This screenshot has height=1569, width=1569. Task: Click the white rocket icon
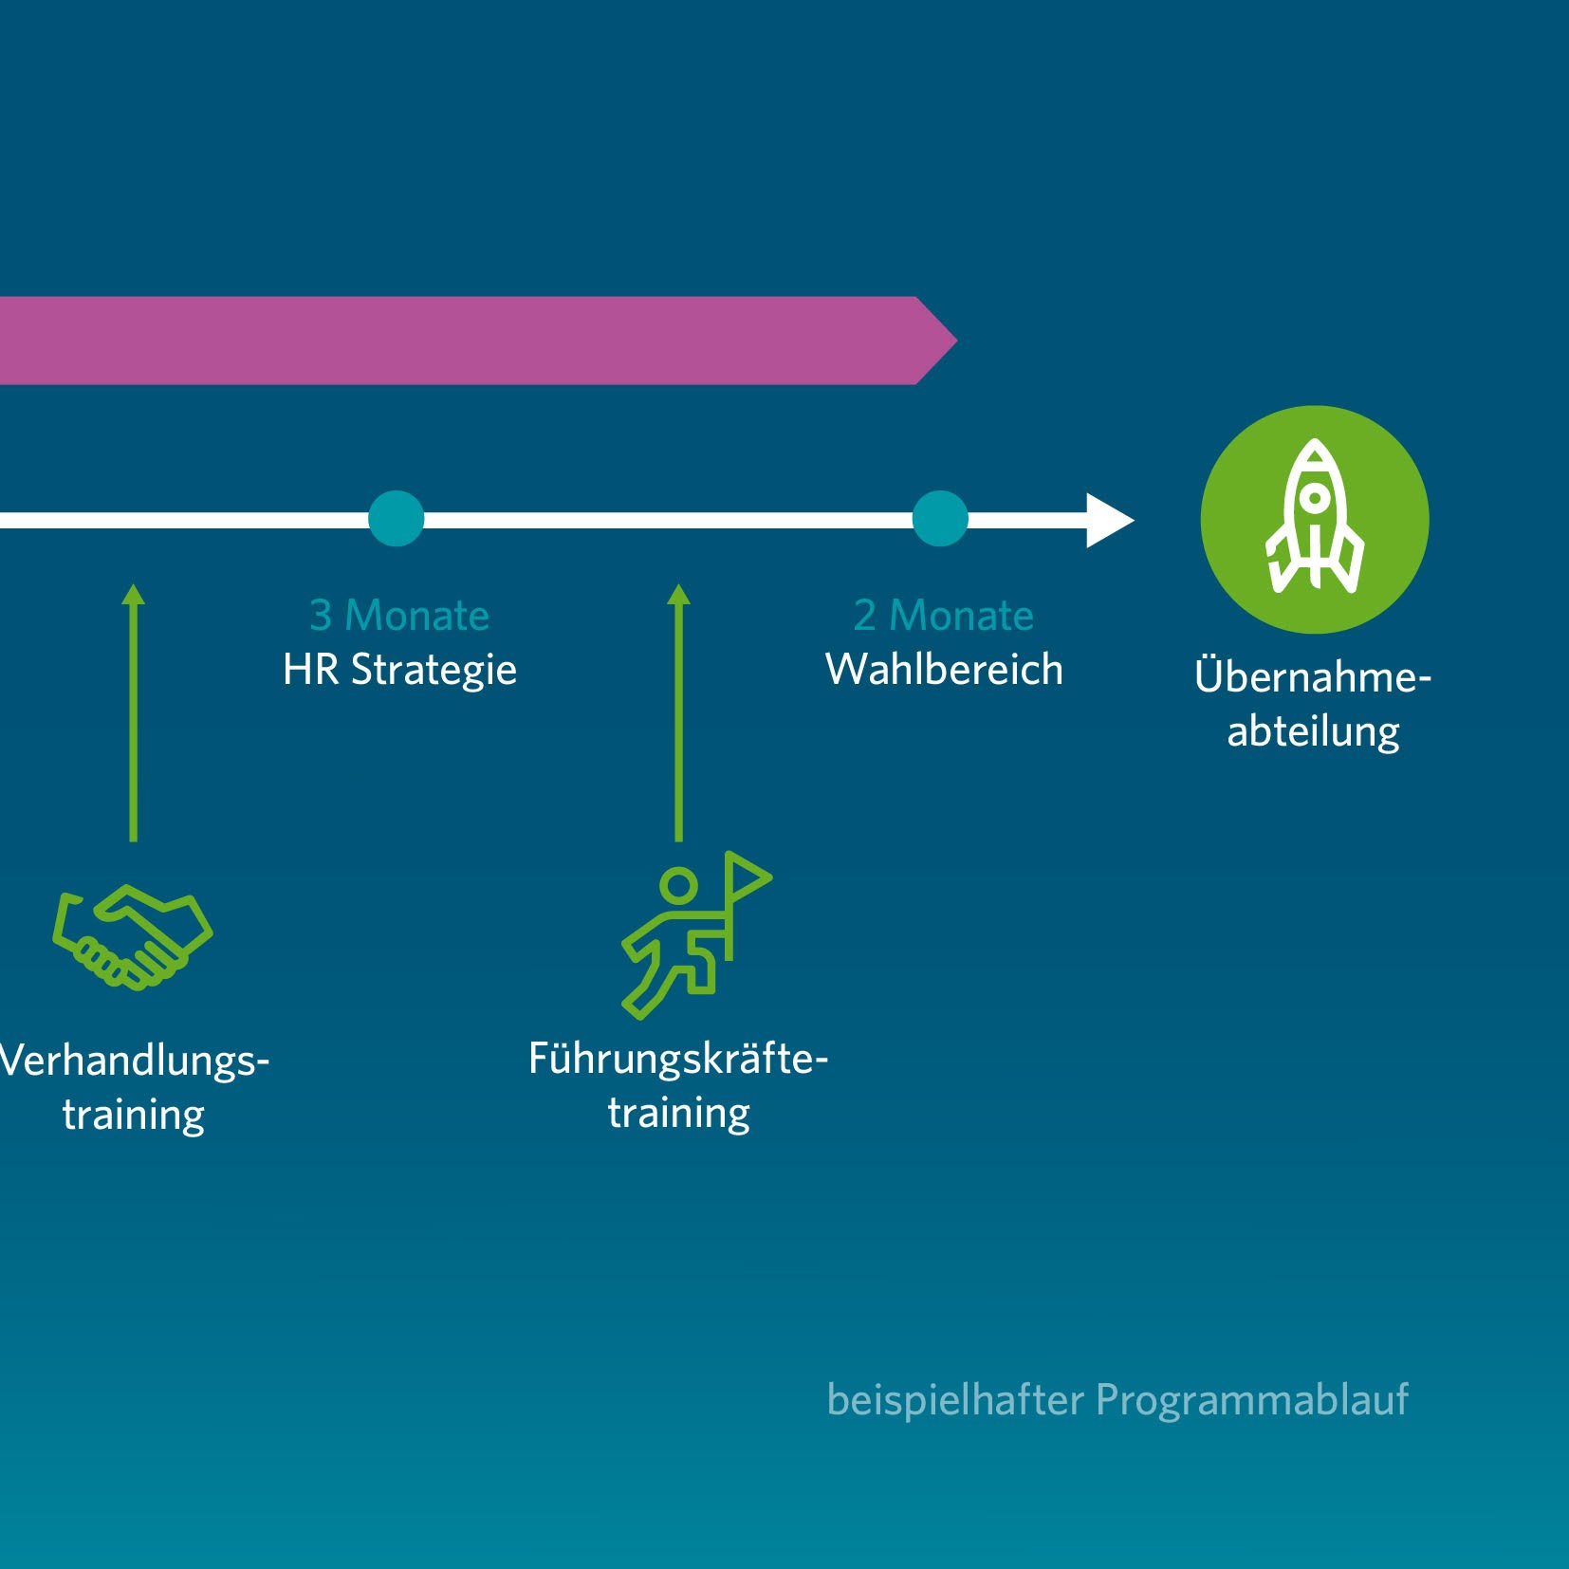pyautogui.click(x=1314, y=517)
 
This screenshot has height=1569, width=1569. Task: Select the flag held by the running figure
pyautogui.click(x=747, y=877)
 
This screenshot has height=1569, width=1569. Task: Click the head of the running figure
pyautogui.click(x=678, y=885)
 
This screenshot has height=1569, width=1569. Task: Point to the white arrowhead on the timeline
pyautogui.click(x=1108, y=520)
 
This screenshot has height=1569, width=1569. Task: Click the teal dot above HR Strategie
pyautogui.click(x=396, y=519)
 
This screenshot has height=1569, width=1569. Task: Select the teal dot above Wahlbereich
pyautogui.click(x=939, y=519)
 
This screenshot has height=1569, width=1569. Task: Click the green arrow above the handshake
pyautogui.click(x=134, y=711)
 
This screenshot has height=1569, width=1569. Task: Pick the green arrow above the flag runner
pyautogui.click(x=678, y=711)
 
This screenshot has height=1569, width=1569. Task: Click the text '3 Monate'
pyautogui.click(x=399, y=616)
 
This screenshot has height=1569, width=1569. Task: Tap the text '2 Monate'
pyautogui.click(x=943, y=616)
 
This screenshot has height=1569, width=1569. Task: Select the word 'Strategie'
pyautogui.click(x=434, y=671)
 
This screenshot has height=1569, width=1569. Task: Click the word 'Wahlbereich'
pyautogui.click(x=944, y=670)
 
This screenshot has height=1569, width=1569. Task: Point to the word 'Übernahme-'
pyautogui.click(x=1313, y=676)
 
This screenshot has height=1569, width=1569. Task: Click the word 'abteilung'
pyautogui.click(x=1313, y=732)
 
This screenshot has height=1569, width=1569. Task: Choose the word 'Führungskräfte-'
pyautogui.click(x=678, y=1059)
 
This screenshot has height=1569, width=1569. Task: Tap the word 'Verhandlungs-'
pyautogui.click(x=134, y=1061)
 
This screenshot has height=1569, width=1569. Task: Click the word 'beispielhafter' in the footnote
pyautogui.click(x=954, y=1400)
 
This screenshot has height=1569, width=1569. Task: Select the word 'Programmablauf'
pyautogui.click(x=1252, y=1400)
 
